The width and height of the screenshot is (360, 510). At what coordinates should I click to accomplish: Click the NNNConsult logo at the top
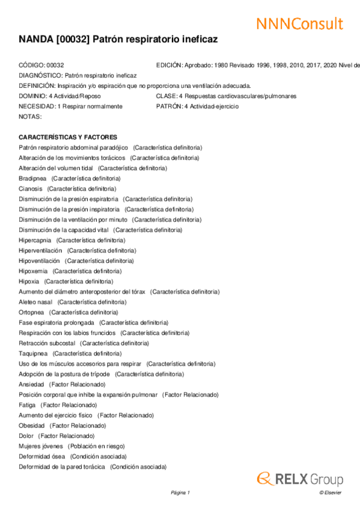pos(299,23)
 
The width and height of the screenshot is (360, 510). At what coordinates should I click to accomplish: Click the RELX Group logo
pos(300,479)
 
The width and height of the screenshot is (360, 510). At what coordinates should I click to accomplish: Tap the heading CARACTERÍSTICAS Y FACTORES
pos(68,137)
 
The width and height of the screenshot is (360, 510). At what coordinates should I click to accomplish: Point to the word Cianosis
pos(31,189)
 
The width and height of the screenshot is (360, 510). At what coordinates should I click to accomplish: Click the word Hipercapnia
pos(35,240)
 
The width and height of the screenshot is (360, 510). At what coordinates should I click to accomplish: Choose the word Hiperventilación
pos(40,250)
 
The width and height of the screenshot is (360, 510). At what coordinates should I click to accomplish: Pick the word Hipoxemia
pos(33,271)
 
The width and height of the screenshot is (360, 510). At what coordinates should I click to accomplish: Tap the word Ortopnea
pos(31,312)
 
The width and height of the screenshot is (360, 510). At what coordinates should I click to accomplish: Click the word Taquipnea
pos(33,353)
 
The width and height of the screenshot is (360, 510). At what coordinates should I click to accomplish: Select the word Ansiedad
pos(31,384)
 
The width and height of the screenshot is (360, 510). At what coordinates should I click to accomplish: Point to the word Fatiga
pos(27,405)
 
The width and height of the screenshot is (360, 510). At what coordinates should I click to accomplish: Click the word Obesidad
pos(32,425)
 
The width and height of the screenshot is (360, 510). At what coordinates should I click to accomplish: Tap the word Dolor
pos(26,435)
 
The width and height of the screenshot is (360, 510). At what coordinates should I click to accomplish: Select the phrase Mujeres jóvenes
pos(41,446)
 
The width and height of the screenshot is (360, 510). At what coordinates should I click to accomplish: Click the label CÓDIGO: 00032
pos(41,65)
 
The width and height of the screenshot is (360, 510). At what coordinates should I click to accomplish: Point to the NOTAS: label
pos(30,116)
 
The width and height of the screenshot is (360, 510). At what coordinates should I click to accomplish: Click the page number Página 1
pos(180,493)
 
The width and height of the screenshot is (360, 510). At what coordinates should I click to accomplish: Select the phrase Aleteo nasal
pos(35,302)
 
